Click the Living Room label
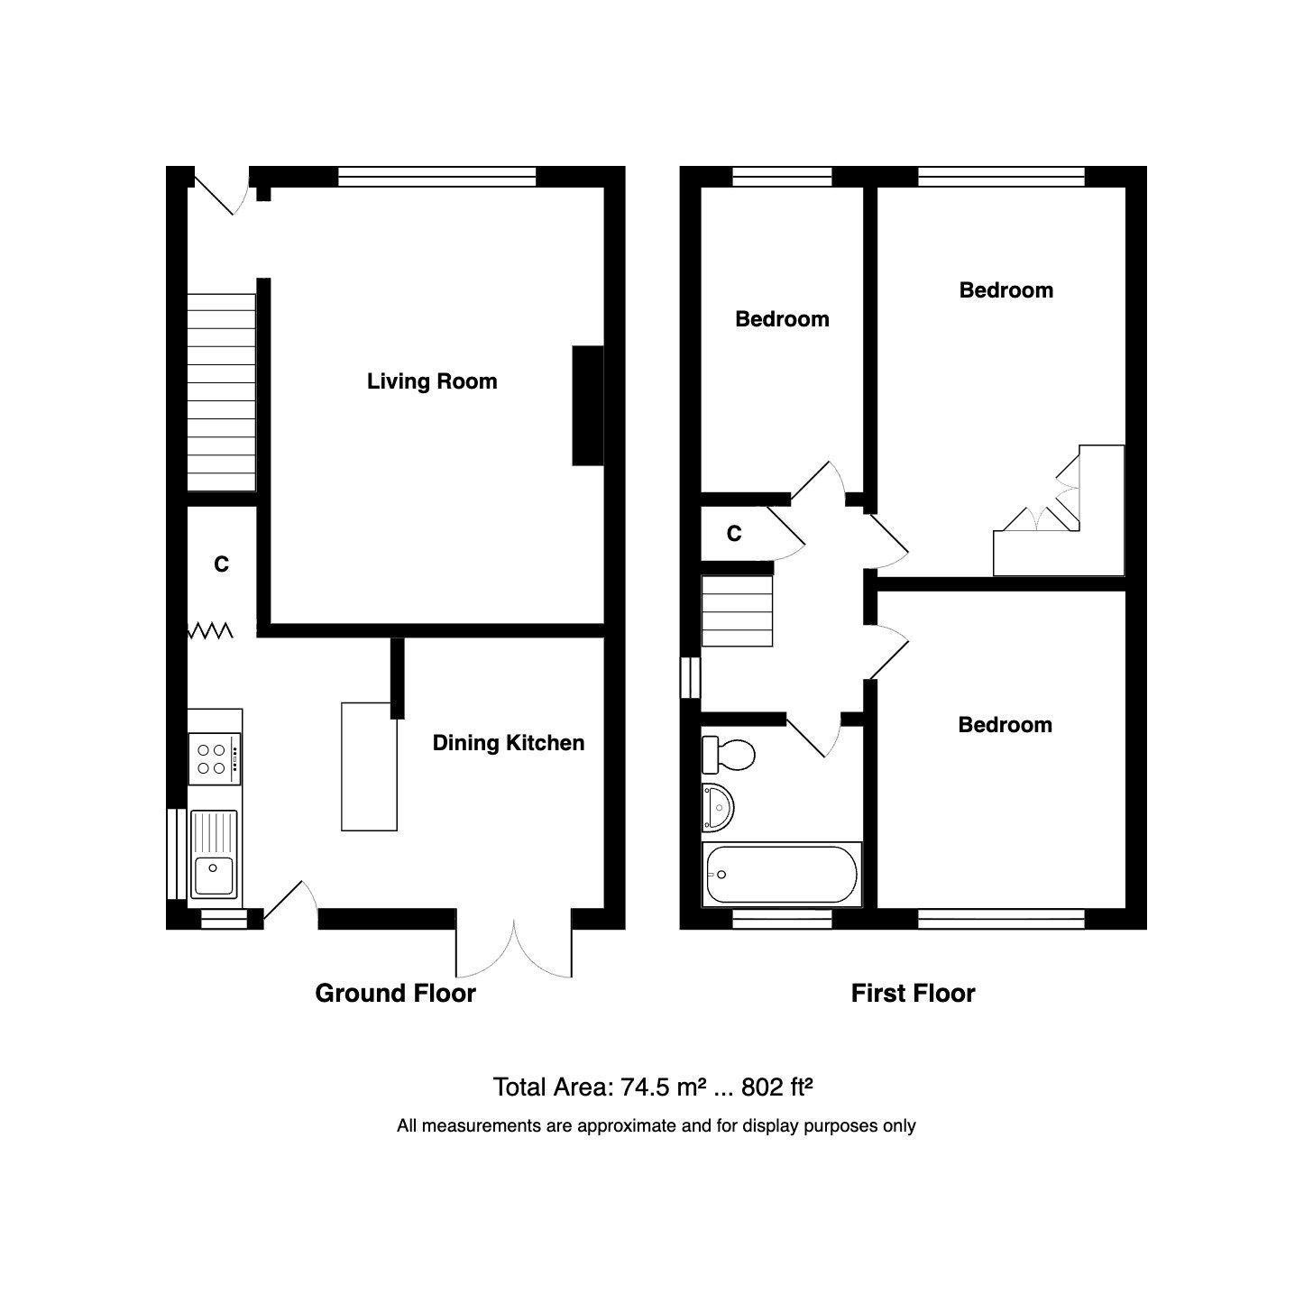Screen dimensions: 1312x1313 [432, 381]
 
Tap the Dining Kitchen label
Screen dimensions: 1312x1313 [509, 743]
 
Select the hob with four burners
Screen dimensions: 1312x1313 [215, 758]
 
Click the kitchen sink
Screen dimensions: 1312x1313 [215, 854]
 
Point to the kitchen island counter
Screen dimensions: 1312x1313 [369, 766]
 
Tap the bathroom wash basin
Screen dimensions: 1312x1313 [720, 805]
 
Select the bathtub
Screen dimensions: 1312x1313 [782, 874]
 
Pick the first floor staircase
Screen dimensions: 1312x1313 [738, 611]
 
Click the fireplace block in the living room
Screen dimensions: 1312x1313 [587, 406]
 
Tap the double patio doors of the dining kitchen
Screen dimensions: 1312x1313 [515, 947]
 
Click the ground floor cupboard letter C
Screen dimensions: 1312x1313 [221, 564]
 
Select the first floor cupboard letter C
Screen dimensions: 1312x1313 [734, 535]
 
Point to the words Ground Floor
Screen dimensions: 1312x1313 [395, 994]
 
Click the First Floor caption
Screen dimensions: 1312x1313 [913, 994]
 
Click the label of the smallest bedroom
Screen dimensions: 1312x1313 [782, 319]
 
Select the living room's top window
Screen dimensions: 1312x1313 [437, 177]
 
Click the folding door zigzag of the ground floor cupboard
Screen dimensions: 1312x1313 [211, 630]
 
